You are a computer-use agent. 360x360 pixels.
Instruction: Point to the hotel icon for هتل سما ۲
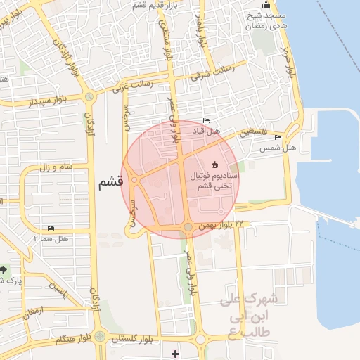pyautogui.click(x=51, y=229)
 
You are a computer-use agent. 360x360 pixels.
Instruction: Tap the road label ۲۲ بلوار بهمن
pyautogui.click(x=223, y=225)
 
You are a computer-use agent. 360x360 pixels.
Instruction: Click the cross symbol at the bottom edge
pyautogui.click(x=175, y=353)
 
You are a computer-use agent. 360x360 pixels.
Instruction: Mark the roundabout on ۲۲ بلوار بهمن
pyautogui.click(x=188, y=226)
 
